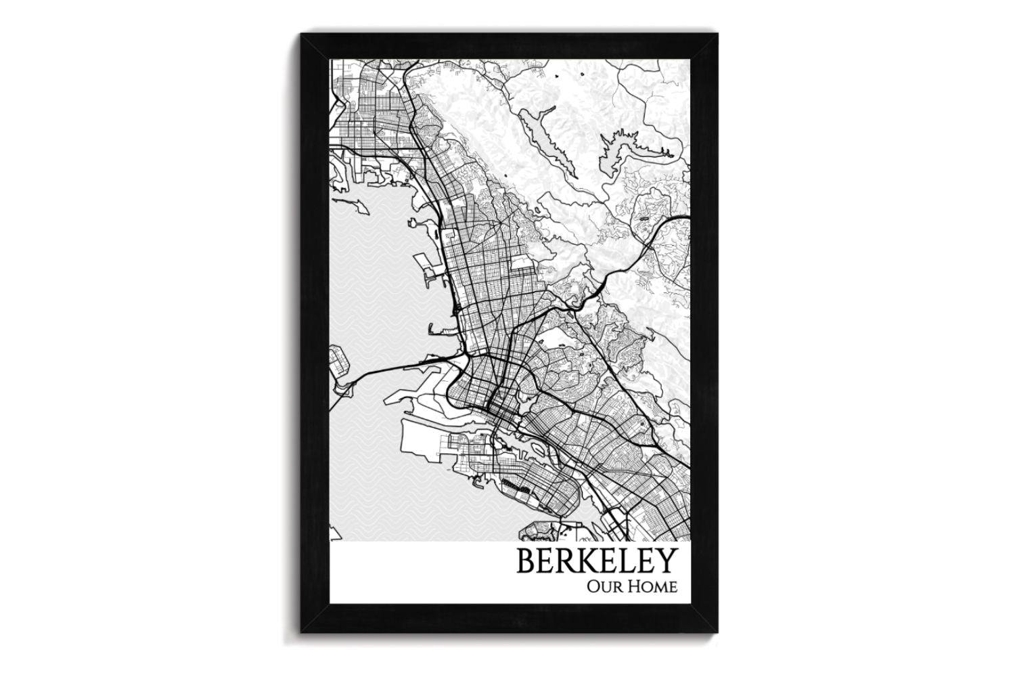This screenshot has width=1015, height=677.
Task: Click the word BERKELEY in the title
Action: (x=597, y=562)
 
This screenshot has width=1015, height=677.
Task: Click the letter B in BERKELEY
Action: (x=526, y=562)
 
